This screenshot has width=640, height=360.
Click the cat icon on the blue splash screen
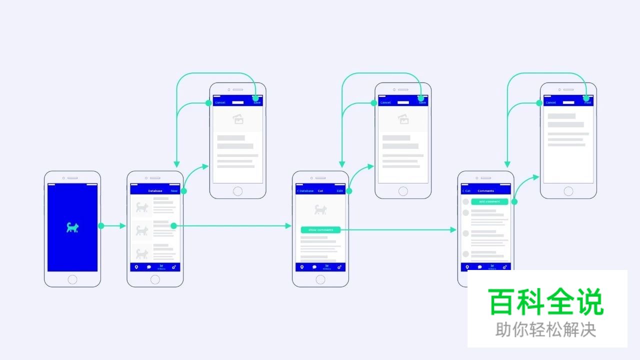tap(72, 227)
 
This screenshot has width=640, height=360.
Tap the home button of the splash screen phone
tap(72, 279)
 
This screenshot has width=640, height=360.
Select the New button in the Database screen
tap(174, 191)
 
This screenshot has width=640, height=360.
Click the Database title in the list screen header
tap(155, 191)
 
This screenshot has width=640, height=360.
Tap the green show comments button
tap(320, 230)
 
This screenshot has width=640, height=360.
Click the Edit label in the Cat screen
tap(340, 191)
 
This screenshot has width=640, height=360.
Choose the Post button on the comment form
tap(587, 102)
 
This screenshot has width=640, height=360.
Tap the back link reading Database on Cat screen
tap(305, 191)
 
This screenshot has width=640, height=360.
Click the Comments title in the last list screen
tap(485, 191)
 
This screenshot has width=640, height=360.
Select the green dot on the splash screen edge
tap(101, 226)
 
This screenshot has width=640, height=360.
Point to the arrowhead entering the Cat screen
tap(288, 226)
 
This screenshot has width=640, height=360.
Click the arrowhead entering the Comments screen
tap(453, 230)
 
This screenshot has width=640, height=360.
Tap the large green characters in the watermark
tap(546, 302)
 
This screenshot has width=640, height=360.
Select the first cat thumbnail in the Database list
tap(142, 206)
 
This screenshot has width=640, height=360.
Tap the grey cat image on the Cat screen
tap(320, 209)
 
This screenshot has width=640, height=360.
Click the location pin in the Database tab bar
tap(136, 267)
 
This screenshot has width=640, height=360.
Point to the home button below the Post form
tap(568, 190)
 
